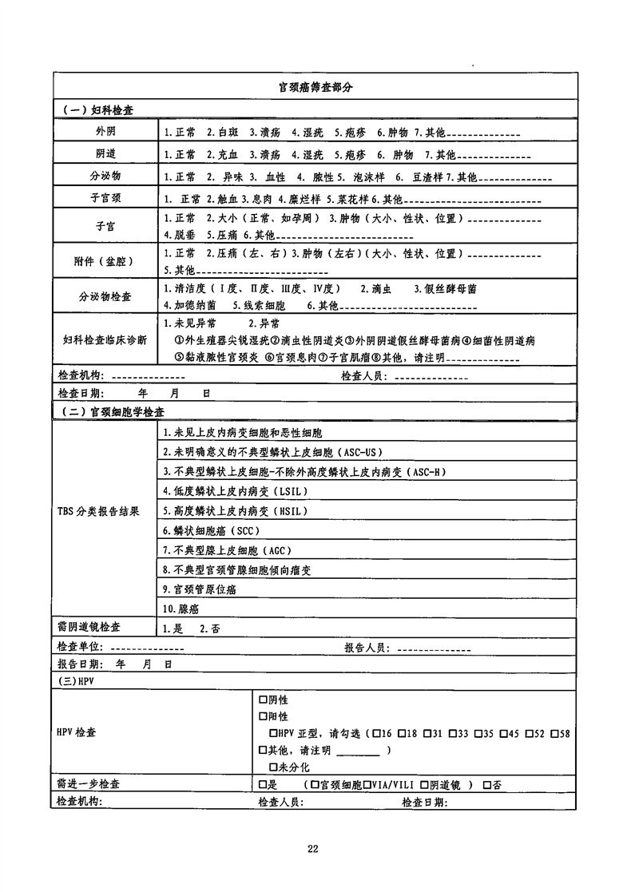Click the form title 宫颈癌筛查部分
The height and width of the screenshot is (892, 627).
[x=314, y=87]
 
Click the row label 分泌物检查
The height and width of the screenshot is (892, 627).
[x=105, y=296]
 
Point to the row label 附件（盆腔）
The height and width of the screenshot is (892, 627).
[x=105, y=261]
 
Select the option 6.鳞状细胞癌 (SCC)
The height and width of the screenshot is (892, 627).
[x=212, y=530]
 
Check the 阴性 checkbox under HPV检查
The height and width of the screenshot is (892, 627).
[x=263, y=700]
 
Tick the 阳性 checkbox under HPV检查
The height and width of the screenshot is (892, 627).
[x=263, y=716]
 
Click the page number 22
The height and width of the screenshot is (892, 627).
[x=313, y=848]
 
